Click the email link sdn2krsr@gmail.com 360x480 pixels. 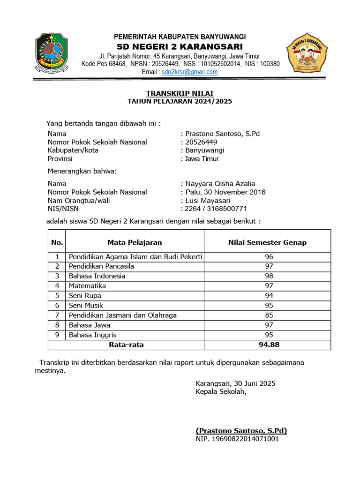(189, 72)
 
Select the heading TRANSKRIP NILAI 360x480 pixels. (180, 93)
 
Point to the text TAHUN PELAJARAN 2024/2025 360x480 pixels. (180, 101)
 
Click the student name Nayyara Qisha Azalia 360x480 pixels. (220, 184)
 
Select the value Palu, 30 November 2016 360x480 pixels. (225, 192)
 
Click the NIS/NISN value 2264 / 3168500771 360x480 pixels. (216, 209)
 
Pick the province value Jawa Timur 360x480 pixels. (202, 159)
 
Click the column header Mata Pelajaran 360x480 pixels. (135, 242)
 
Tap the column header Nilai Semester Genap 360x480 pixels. (267, 242)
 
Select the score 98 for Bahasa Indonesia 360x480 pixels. (269, 276)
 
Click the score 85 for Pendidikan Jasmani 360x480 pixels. (269, 315)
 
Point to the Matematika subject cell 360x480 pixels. (88, 286)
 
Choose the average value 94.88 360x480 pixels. (269, 345)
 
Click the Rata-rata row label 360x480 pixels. (126, 345)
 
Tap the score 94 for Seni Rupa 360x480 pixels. (269, 296)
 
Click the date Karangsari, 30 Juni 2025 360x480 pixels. (235, 383)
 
